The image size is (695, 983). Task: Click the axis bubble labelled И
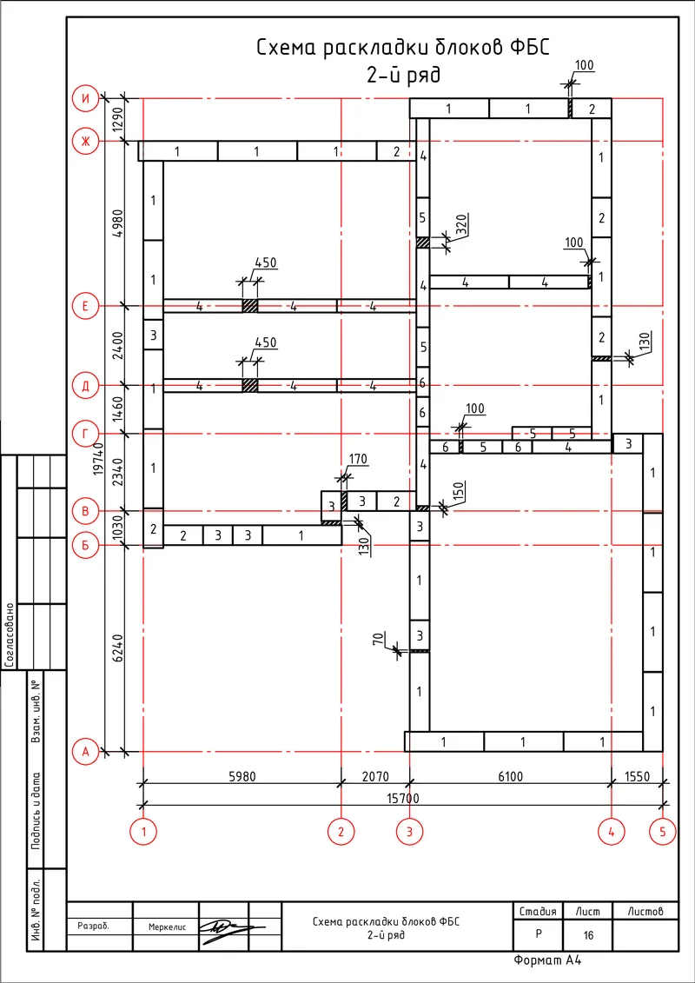pos(85,98)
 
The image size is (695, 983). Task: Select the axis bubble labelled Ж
pos(85,142)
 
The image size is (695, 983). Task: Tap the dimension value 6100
pos(511,776)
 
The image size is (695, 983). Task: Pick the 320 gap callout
pos(460,224)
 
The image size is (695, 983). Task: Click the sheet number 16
pos(588,936)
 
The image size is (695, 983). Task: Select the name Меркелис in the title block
pos(167,927)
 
